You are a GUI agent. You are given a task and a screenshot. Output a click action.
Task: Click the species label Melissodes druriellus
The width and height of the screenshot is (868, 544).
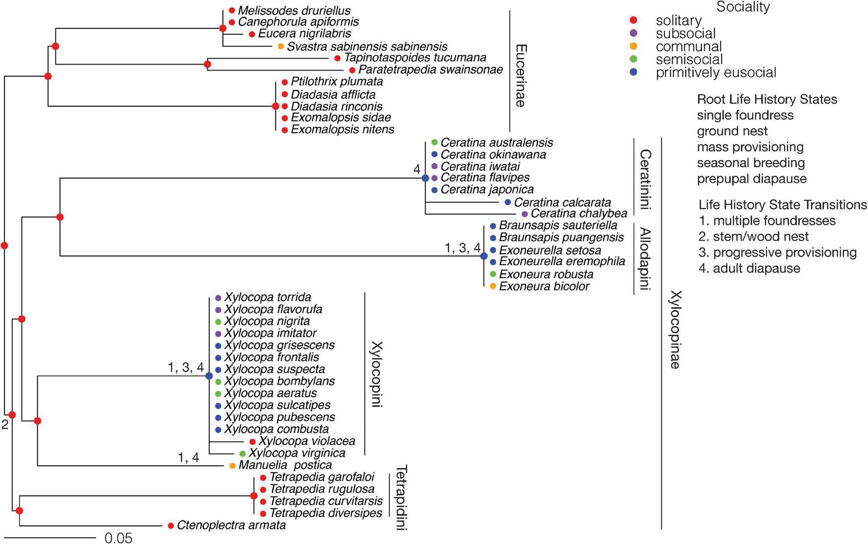pos(294,10)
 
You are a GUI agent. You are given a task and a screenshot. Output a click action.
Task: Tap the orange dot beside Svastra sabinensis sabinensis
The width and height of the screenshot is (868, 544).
pos(281,47)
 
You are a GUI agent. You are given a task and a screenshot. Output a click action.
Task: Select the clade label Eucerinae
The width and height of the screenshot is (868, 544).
pos(521,76)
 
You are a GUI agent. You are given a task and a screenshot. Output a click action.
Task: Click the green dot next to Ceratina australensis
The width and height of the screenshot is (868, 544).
pos(434,142)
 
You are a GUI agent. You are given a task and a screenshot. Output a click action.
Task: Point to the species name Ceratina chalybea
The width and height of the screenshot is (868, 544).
pos(579,214)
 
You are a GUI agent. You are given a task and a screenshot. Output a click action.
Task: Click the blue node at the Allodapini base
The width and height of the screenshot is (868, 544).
pos(484,256)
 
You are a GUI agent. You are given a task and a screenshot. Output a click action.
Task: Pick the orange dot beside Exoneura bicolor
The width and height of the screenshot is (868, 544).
pos(493,286)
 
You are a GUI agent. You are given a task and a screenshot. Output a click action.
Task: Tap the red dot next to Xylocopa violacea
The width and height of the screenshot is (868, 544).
pos(253,442)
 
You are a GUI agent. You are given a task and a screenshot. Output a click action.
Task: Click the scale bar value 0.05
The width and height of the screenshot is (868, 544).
pos(119,538)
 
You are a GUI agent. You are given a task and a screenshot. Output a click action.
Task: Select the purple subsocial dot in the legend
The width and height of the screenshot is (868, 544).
pos(633,33)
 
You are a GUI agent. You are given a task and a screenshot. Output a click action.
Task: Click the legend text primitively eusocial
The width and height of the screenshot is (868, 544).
pos(716,73)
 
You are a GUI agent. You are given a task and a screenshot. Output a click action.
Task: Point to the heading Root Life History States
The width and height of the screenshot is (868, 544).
pos(767,99)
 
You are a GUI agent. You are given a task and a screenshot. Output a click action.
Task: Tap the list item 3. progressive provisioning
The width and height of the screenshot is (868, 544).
pos(778,253)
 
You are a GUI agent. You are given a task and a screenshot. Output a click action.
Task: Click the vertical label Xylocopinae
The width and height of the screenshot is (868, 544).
pos(675,330)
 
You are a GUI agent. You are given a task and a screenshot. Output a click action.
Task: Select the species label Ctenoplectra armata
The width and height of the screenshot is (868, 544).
pos(231,525)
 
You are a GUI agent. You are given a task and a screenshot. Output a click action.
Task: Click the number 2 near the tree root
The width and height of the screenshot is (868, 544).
pos(5,425)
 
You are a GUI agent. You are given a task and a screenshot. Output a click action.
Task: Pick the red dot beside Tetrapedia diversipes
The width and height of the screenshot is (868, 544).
pos(263,514)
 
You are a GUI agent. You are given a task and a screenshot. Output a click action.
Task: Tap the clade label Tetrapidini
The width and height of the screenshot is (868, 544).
pos(401,498)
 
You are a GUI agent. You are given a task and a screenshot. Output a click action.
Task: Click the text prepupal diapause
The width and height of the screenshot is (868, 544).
pos(751,179)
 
